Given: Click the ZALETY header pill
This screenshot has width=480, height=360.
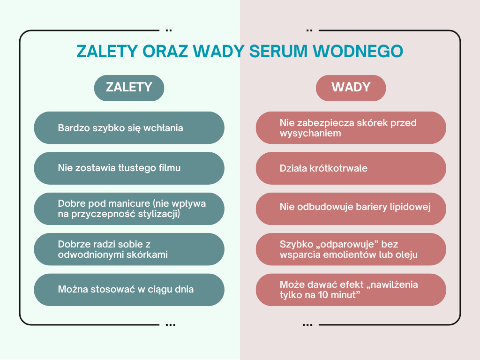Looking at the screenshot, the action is pyautogui.click(x=129, y=88).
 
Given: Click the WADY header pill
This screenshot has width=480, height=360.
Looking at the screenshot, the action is pyautogui.click(x=351, y=88).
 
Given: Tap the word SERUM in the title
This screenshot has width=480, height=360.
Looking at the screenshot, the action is pyautogui.click(x=278, y=51).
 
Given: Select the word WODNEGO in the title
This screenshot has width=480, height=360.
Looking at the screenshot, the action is pyautogui.click(x=358, y=51).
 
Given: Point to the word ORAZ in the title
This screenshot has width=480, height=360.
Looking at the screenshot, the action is pyautogui.click(x=165, y=51).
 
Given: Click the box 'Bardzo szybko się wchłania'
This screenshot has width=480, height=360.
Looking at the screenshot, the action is pyautogui.click(x=129, y=127).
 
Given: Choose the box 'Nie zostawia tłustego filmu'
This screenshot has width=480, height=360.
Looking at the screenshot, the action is pyautogui.click(x=129, y=168).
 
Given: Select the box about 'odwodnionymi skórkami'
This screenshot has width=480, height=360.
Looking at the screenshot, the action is pyautogui.click(x=129, y=249).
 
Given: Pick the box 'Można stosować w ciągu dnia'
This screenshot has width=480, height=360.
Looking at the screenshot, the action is pyautogui.click(x=129, y=290).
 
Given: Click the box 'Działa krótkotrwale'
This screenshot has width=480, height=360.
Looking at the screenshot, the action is pyautogui.click(x=351, y=168).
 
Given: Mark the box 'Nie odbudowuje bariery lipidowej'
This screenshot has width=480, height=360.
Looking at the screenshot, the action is pyautogui.click(x=351, y=209).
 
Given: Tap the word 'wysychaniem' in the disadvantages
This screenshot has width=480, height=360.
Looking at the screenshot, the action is pyautogui.click(x=310, y=134).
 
